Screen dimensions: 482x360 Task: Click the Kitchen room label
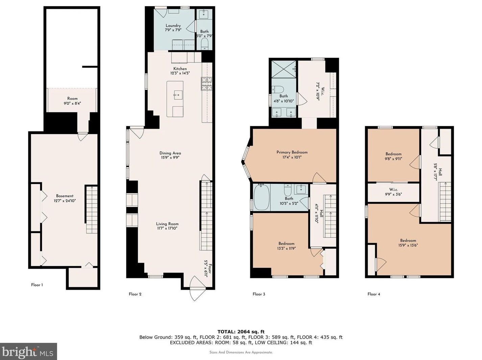pyautogui.click(x=180, y=69)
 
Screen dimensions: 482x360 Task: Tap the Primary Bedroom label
pyautogui.click(x=292, y=152)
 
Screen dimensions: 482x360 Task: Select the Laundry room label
pyautogui.click(x=173, y=26)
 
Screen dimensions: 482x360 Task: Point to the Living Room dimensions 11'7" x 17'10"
pyautogui.click(x=167, y=228)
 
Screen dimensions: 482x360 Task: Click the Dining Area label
pyautogui.click(x=170, y=153)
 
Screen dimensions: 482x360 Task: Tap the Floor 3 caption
pyautogui.click(x=259, y=294)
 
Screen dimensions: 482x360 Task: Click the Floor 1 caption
pyautogui.click(x=37, y=285)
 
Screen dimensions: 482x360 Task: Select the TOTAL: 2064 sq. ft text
pyautogui.click(x=241, y=332)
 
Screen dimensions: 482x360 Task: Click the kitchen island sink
pyautogui.click(x=178, y=95)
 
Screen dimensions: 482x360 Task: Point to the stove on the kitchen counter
pyautogui.click(x=207, y=84)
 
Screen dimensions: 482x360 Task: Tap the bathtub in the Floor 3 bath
pyautogui.click(x=262, y=197)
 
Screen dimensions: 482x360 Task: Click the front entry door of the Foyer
pyautogui.click(x=198, y=288)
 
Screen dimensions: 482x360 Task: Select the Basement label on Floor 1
pyautogui.click(x=65, y=196)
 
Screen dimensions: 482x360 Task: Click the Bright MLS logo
pyautogui.click(x=28, y=352)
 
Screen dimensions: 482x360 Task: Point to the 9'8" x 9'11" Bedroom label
pyautogui.click(x=393, y=156)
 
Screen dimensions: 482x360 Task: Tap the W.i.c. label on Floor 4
pyautogui.click(x=393, y=189)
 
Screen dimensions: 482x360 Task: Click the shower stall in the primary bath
pyautogui.click(x=284, y=69)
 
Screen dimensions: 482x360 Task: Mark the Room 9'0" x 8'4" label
pyautogui.click(x=72, y=101)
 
